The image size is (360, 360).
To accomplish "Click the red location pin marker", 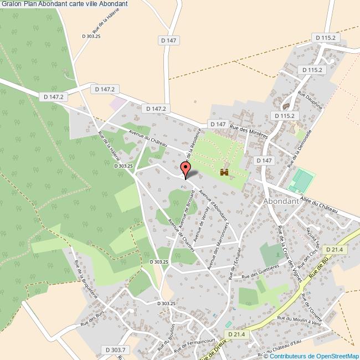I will click(x=186, y=168).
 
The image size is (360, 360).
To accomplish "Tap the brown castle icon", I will click(x=224, y=173).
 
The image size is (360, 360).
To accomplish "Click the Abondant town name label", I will click(x=281, y=202).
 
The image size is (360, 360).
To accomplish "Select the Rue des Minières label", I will click(x=249, y=132).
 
